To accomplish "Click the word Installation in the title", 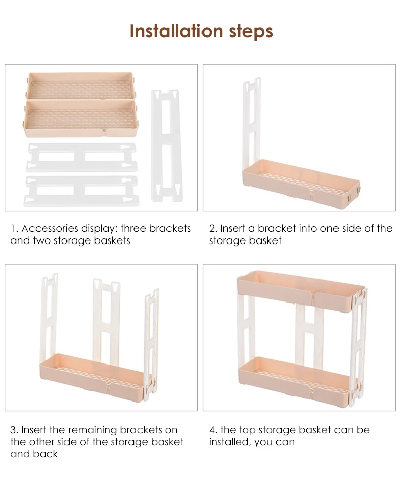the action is tap(176, 31).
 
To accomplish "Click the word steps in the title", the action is tap(251, 32).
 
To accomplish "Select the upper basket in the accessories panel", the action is tap(81, 86).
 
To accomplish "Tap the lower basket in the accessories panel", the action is tap(81, 118).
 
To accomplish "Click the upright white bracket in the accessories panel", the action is tap(167, 146).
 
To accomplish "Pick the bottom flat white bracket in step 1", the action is tap(82, 191).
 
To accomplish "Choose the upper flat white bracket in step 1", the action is tap(82, 157).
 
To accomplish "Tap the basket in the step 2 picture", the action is tap(301, 184).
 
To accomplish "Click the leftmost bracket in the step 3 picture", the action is tap(49, 316).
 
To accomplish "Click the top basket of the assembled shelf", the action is tap(300, 291).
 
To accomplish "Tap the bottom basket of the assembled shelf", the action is tap(297, 382).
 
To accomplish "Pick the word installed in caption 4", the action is tap(230, 442).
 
